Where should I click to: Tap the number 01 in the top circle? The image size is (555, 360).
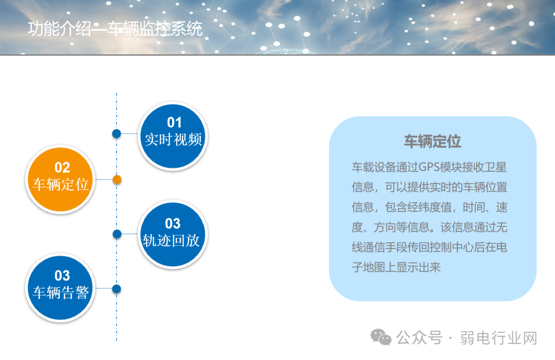pyautogui.click(x=174, y=122)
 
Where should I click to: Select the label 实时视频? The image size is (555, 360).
pyautogui.click(x=173, y=139)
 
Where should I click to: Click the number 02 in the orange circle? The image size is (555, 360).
pyautogui.click(x=62, y=167)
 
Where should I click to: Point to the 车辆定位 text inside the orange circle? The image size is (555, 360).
pyautogui.click(x=61, y=185)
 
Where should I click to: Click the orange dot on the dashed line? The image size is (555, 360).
pyautogui.click(x=117, y=179)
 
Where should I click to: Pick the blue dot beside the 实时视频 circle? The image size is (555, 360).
pyautogui.click(x=117, y=134)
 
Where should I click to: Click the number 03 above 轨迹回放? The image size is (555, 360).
pyautogui.click(x=173, y=224)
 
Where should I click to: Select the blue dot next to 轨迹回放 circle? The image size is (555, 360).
pyautogui.click(x=117, y=234)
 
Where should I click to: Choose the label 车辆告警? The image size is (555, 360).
pyautogui.click(x=61, y=293)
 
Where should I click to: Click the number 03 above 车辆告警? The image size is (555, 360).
pyautogui.click(x=62, y=276)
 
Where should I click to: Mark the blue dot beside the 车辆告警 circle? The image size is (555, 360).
pyautogui.click(x=117, y=289)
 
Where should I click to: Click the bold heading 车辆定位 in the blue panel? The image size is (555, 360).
pyautogui.click(x=432, y=141)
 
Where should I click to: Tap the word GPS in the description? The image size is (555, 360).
pyautogui.click(x=430, y=167)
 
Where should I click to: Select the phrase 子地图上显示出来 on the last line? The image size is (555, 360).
pyautogui.click(x=396, y=267)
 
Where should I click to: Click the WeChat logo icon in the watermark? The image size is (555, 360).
pyautogui.click(x=381, y=337)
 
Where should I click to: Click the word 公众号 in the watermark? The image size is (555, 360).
pyautogui.click(x=419, y=338)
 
